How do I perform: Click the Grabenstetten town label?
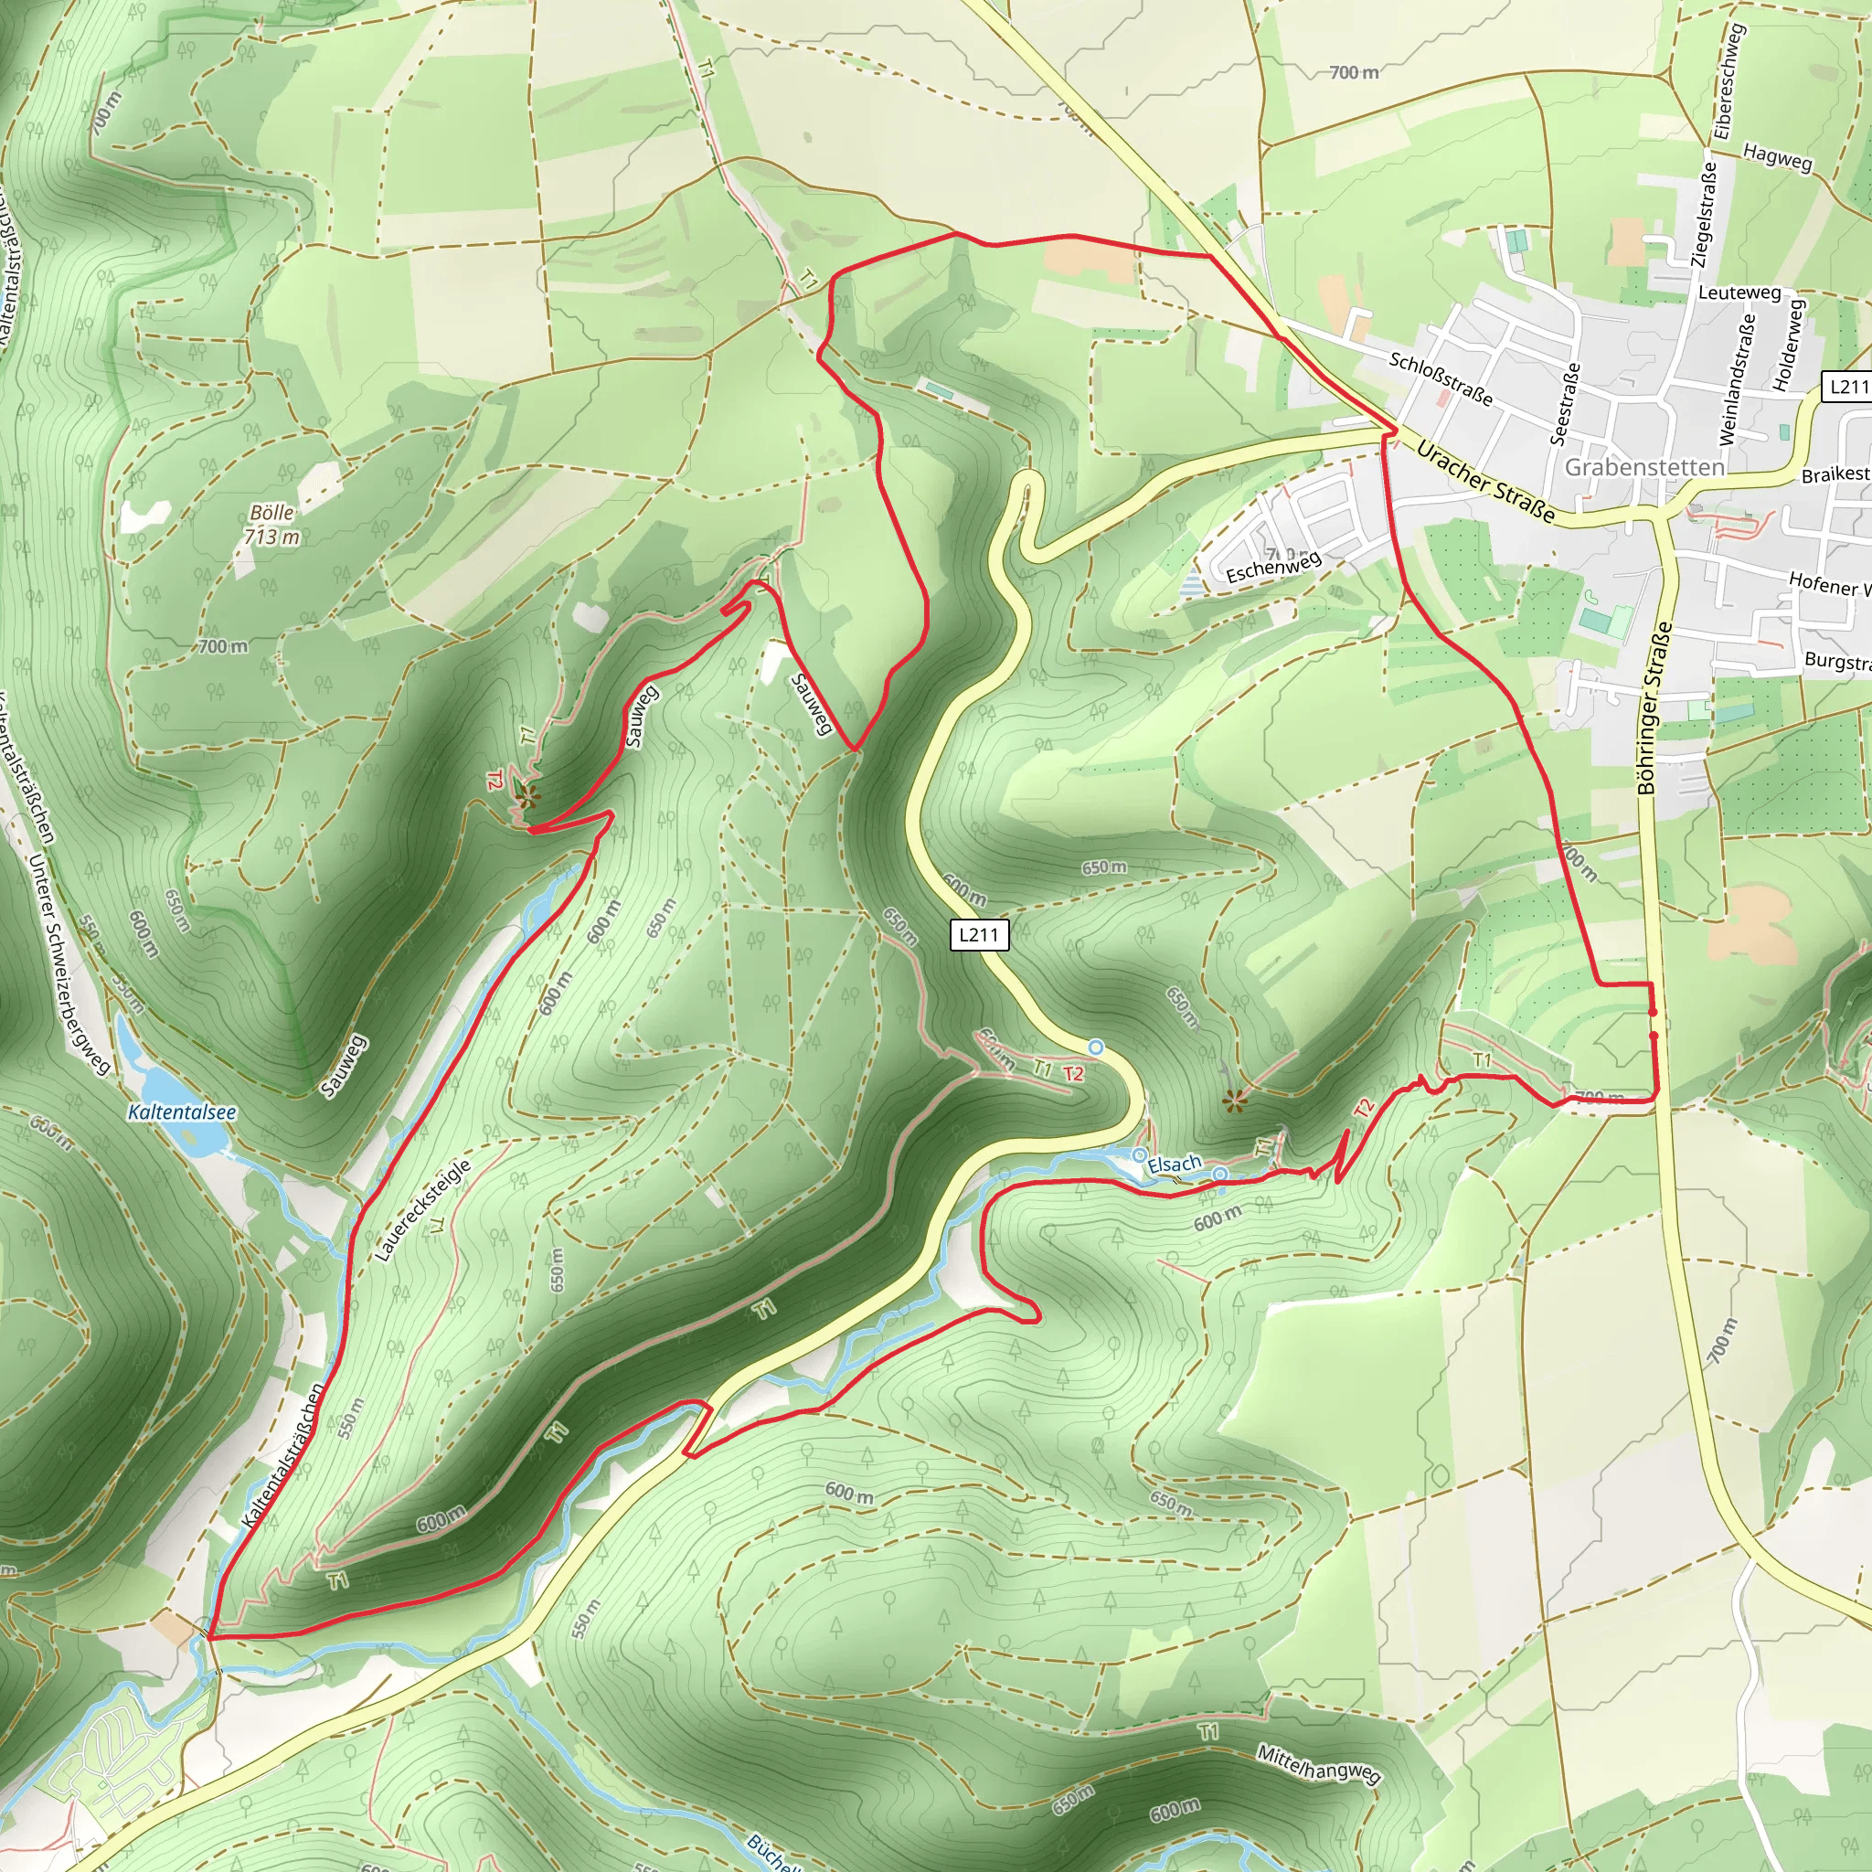[1644, 467]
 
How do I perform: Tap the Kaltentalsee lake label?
[182, 1112]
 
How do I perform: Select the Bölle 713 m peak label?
[271, 524]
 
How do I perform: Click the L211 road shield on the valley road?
[979, 934]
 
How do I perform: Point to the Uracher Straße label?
[1484, 482]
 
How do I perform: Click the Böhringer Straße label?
[1655, 707]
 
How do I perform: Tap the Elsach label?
[1175, 1164]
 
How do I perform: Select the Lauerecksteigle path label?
[422, 1209]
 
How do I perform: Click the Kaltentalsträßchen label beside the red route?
[283, 1455]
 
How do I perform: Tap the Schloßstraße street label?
[1441, 378]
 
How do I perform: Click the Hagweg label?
[1777, 156]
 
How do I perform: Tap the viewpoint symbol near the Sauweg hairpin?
[527, 797]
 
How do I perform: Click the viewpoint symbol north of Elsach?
[1233, 1100]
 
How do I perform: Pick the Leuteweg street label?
[1739, 292]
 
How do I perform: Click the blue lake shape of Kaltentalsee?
[155, 1074]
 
